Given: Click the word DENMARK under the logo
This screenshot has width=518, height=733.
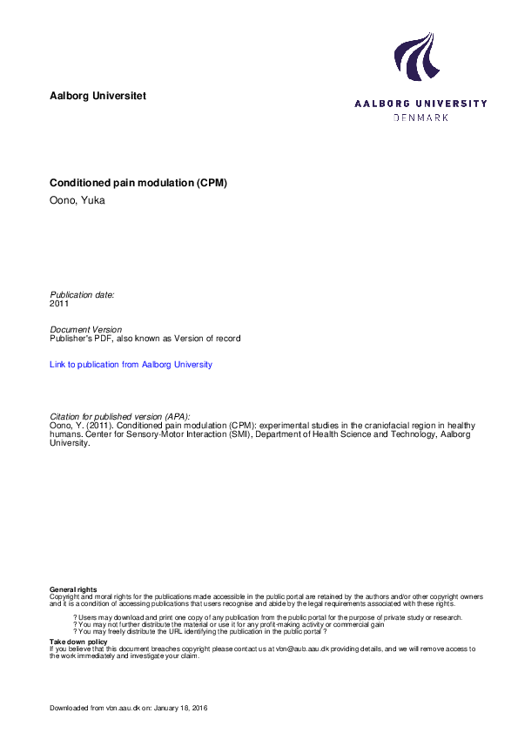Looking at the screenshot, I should click(420, 117).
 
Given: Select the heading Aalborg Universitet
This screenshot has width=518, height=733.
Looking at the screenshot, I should click(98, 95).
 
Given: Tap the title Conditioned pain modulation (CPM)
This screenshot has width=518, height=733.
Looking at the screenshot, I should click(138, 184).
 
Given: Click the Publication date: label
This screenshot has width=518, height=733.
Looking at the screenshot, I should click(83, 295).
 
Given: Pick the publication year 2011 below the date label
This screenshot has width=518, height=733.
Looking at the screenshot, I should click(60, 304).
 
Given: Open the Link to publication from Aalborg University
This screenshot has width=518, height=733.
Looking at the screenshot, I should click(131, 365).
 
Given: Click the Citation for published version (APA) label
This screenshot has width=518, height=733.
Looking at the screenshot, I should click(120, 416).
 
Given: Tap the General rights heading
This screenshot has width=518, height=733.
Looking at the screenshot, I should click(73, 590).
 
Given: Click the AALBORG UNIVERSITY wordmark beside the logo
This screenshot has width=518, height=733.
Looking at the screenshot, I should click(420, 104).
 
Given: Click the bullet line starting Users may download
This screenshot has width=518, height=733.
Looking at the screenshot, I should click(267, 617).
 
